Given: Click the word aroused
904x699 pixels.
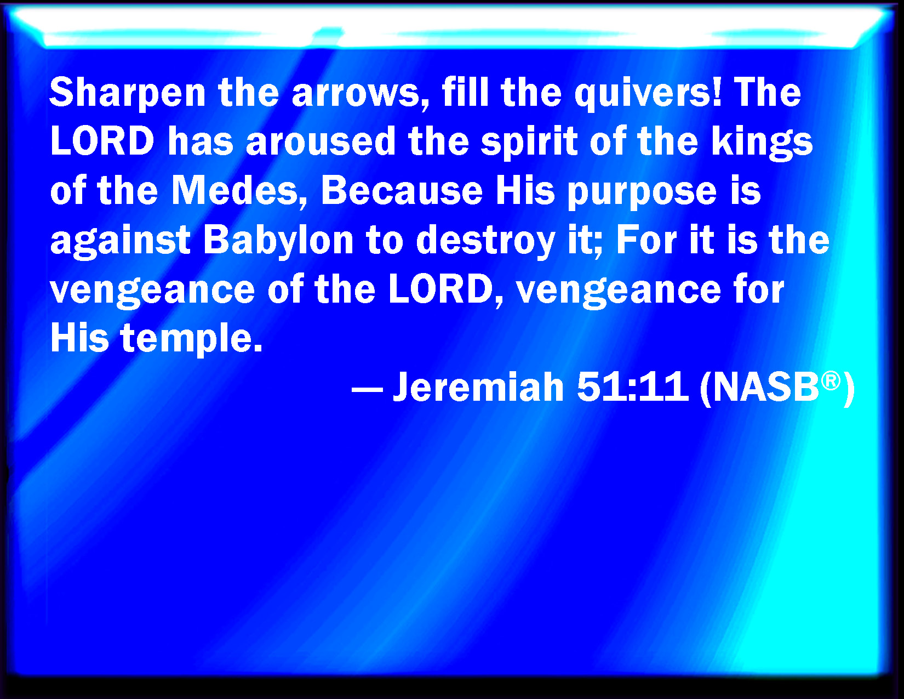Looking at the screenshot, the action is [x=321, y=141].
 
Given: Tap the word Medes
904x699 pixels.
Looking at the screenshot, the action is [x=239, y=191].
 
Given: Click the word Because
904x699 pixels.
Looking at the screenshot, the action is [x=402, y=191].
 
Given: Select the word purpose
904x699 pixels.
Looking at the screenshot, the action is [x=642, y=193].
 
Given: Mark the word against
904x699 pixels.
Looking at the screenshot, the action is [x=120, y=241].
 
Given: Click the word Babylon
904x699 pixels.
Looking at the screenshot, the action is [x=278, y=241].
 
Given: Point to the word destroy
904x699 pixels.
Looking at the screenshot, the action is [x=485, y=241].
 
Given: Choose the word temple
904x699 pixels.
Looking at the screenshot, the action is [x=191, y=339].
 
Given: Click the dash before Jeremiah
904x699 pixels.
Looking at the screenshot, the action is [x=367, y=391].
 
